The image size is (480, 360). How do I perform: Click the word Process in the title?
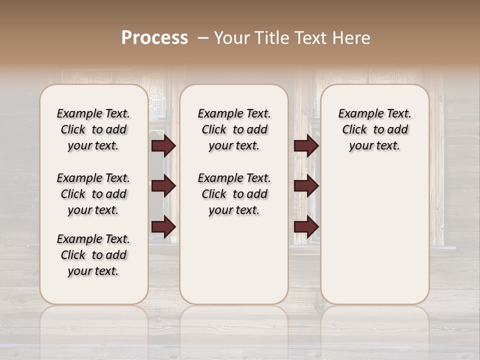(x=154, y=38)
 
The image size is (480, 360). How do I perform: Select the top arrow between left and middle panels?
(x=163, y=146)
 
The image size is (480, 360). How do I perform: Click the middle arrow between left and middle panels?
(x=163, y=186)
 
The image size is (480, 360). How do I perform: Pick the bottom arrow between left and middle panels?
(x=163, y=226)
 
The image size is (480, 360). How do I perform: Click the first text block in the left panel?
(x=93, y=129)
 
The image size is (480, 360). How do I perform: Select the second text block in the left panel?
(x=93, y=194)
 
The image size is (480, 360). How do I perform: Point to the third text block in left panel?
(x=93, y=255)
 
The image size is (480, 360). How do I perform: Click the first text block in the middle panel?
(x=234, y=129)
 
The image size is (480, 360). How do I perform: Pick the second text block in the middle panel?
(x=234, y=194)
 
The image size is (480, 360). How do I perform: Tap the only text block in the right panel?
(x=374, y=129)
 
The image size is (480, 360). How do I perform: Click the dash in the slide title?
(x=202, y=38)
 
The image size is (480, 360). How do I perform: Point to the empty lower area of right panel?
(x=374, y=240)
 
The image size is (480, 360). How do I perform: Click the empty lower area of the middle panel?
(x=234, y=260)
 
